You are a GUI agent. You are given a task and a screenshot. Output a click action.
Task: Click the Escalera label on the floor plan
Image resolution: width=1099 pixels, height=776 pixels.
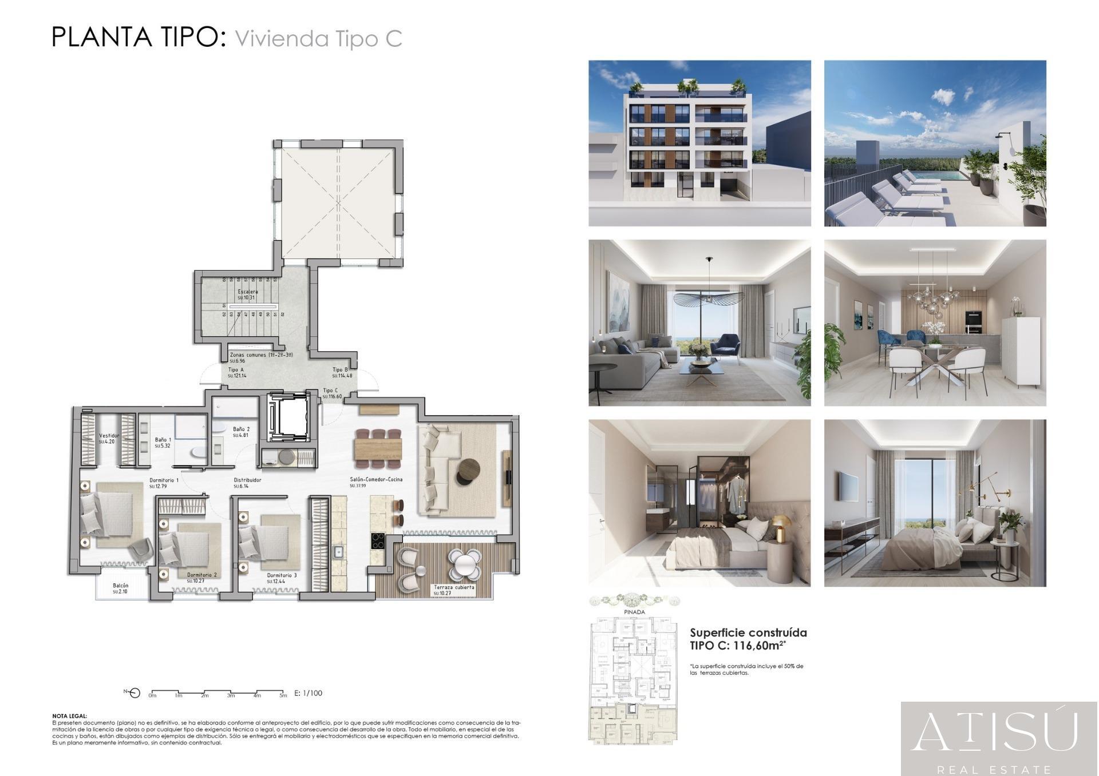tap(248, 292)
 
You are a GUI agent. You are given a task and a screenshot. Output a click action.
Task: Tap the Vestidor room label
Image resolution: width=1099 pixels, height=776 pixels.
tap(109, 436)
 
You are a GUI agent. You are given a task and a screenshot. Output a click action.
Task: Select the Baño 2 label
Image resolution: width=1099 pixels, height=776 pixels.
tap(241, 429)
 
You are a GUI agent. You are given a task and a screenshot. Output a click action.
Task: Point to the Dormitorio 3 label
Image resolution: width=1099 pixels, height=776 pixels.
tap(282, 575)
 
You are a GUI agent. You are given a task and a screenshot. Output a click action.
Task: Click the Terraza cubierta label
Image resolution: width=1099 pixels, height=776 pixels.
tap(454, 587)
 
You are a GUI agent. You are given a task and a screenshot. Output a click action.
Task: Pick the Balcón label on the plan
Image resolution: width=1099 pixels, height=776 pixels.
tap(121, 586)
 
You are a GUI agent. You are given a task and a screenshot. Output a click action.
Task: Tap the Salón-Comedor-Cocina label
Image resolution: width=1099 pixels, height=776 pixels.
tap(376, 479)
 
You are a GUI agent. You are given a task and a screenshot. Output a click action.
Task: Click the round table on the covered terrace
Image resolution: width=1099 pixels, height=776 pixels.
tap(464, 563)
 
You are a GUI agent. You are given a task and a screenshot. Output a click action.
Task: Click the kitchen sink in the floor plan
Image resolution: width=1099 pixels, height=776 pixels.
tap(338, 552)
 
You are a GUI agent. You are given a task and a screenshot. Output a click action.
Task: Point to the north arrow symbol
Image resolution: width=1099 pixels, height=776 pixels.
tap(135, 693)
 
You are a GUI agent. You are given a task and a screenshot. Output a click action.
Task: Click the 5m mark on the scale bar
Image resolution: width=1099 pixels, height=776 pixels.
tap(283, 695)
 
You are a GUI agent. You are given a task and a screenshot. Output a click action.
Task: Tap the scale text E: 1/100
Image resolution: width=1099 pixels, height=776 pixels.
tap(308, 693)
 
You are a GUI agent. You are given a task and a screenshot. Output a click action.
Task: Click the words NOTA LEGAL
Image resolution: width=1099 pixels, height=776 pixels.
tap(70, 715)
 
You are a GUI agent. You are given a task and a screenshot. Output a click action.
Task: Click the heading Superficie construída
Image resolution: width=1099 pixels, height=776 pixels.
tap(748, 632)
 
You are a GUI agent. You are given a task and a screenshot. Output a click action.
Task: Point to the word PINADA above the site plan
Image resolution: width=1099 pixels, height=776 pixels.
tap(634, 612)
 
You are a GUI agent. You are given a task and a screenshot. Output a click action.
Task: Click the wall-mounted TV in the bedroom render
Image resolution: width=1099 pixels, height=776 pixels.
tap(849, 486)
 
